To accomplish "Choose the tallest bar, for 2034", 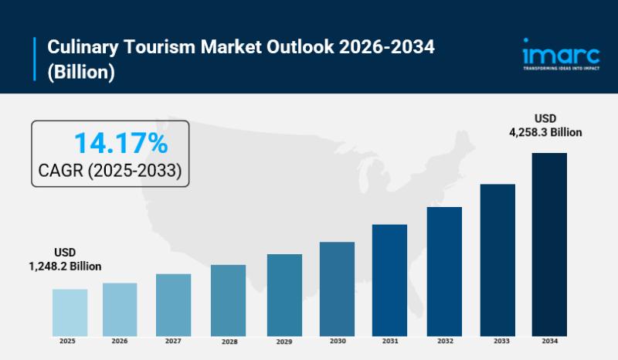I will (549, 243).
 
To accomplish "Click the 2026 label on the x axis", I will (120, 341).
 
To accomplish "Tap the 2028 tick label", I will (228, 341).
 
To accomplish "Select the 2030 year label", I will (337, 341).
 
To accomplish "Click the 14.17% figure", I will (121, 143).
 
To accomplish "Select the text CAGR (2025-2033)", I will (110, 171).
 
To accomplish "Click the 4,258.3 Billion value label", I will (545, 132).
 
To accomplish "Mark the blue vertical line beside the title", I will (36, 59).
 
